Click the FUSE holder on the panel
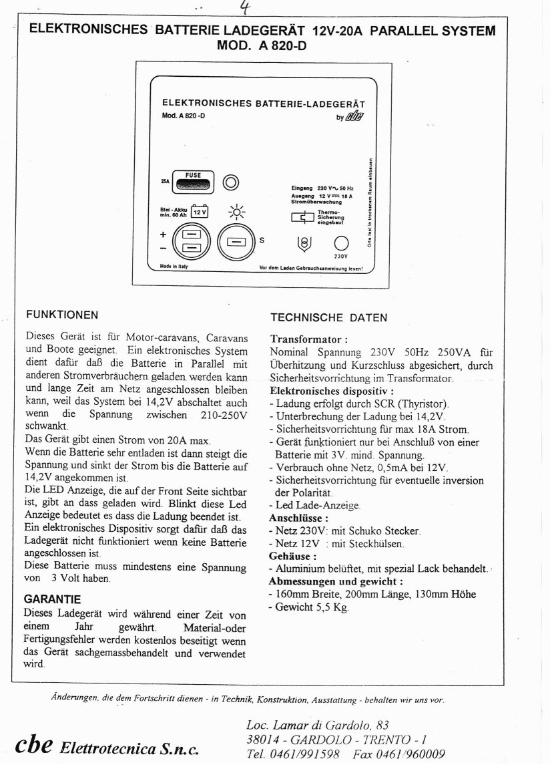click(x=192, y=182)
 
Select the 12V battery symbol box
click(x=200, y=212)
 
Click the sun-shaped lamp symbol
click(x=236, y=212)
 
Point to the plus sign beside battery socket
click(x=162, y=235)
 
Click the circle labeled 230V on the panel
click(x=341, y=243)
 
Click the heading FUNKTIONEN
click(x=61, y=313)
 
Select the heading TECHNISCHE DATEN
click(x=328, y=317)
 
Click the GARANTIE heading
click(x=52, y=599)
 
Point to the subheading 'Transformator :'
click(x=309, y=339)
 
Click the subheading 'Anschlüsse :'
click(x=298, y=517)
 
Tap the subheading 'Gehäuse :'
click(x=292, y=555)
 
